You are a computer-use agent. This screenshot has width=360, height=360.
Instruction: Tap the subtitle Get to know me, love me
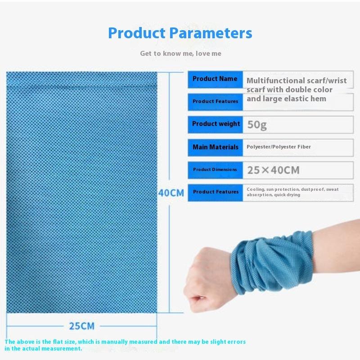point(180,54)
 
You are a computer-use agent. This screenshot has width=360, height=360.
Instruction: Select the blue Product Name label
point(215,79)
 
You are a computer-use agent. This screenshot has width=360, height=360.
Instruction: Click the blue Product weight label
point(215,124)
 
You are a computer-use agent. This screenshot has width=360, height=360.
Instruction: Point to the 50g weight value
point(257,125)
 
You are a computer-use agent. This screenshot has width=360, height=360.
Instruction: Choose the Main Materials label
point(215,147)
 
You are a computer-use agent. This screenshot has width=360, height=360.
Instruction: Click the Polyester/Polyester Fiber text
point(279,147)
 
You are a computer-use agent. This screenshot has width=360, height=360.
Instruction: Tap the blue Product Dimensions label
point(215,170)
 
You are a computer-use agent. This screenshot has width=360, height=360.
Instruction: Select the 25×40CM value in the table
point(273,170)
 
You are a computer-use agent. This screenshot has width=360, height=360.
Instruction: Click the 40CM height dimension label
point(171,193)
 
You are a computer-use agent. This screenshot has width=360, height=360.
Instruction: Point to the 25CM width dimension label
point(81,325)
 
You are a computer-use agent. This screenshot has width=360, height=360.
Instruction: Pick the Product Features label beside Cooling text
point(215,192)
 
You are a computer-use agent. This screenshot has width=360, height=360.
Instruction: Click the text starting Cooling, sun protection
point(292,192)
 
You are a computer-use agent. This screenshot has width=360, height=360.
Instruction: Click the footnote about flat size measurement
point(125,345)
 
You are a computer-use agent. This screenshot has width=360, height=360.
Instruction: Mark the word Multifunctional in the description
point(275,81)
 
